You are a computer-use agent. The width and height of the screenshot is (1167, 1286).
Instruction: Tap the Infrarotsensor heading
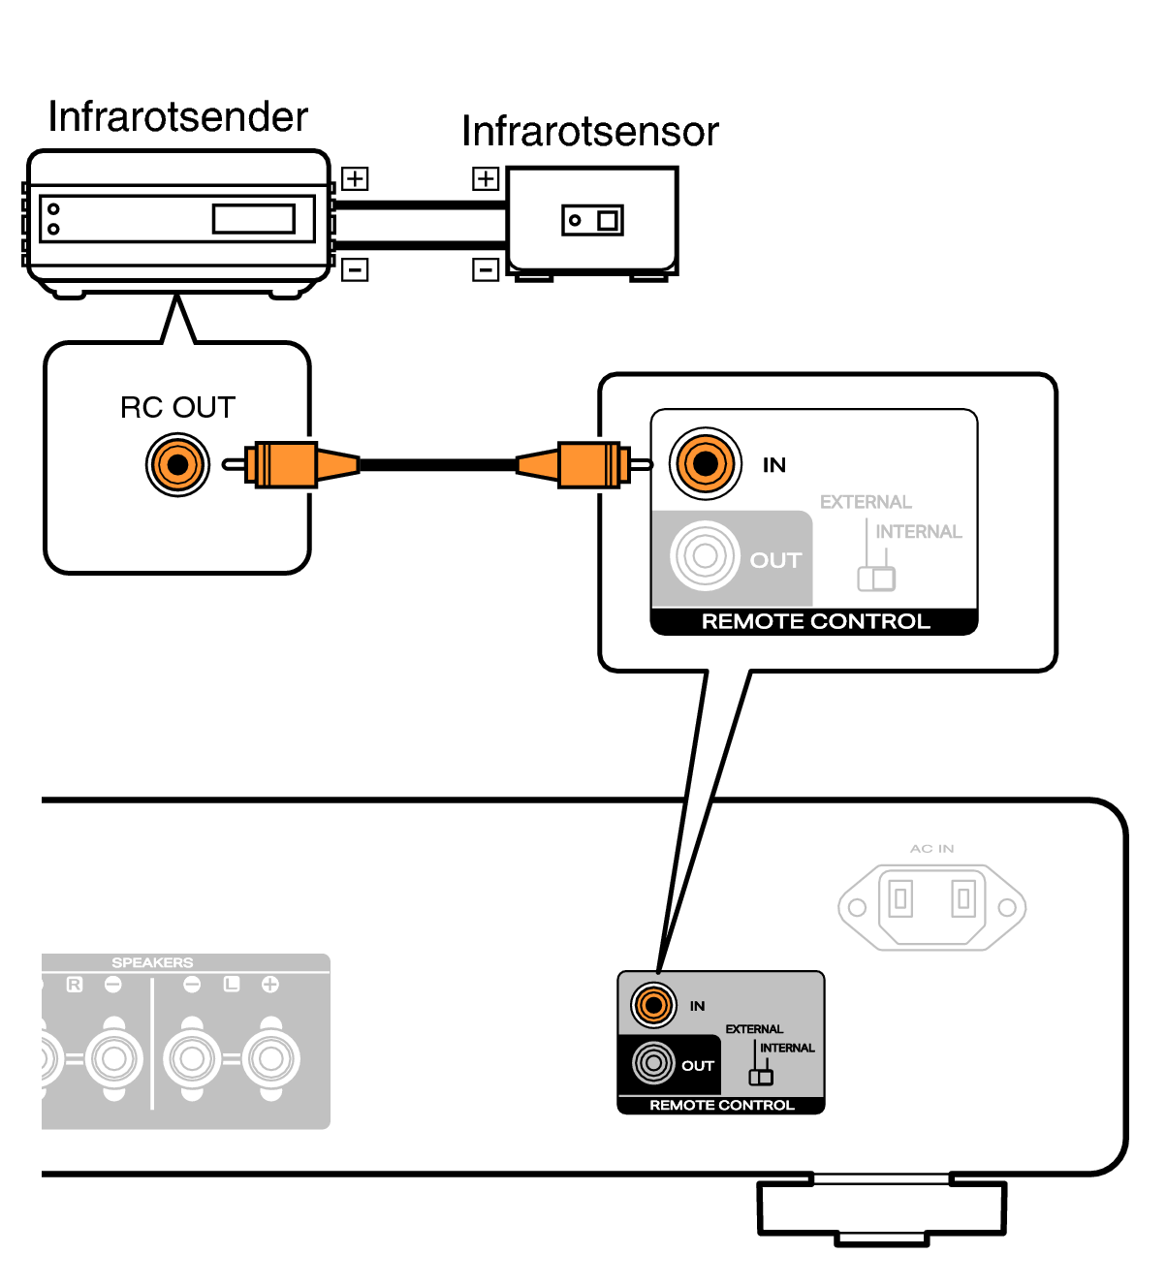590,132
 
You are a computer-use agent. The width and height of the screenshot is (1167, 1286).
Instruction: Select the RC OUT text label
177,408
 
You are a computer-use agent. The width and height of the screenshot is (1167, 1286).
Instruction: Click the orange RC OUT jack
177,465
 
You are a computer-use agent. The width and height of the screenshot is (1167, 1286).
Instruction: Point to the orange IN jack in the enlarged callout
706,463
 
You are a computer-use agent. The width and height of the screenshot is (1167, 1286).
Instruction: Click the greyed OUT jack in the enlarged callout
705,556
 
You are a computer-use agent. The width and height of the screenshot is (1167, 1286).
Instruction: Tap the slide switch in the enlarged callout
876,579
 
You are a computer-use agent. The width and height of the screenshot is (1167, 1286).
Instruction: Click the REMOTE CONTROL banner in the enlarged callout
815,621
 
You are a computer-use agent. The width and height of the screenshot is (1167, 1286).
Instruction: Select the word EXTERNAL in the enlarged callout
866,502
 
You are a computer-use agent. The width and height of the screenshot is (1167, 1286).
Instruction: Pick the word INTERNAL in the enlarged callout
919,531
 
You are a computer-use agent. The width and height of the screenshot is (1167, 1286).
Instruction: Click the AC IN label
931,849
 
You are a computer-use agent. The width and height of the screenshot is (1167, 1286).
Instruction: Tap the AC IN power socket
931,907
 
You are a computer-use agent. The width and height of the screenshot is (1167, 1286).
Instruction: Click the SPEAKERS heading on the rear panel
152,962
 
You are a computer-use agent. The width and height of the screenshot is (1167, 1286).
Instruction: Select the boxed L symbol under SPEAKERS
232,984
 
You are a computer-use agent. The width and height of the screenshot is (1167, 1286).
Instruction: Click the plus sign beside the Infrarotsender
355,178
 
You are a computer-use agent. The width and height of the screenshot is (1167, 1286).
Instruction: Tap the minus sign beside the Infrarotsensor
486,269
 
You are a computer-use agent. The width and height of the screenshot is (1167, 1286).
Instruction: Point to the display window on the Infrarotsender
254,219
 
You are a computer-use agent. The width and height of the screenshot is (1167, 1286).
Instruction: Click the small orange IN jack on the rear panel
653,1005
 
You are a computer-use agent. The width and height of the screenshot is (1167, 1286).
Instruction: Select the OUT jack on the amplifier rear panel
653,1063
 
